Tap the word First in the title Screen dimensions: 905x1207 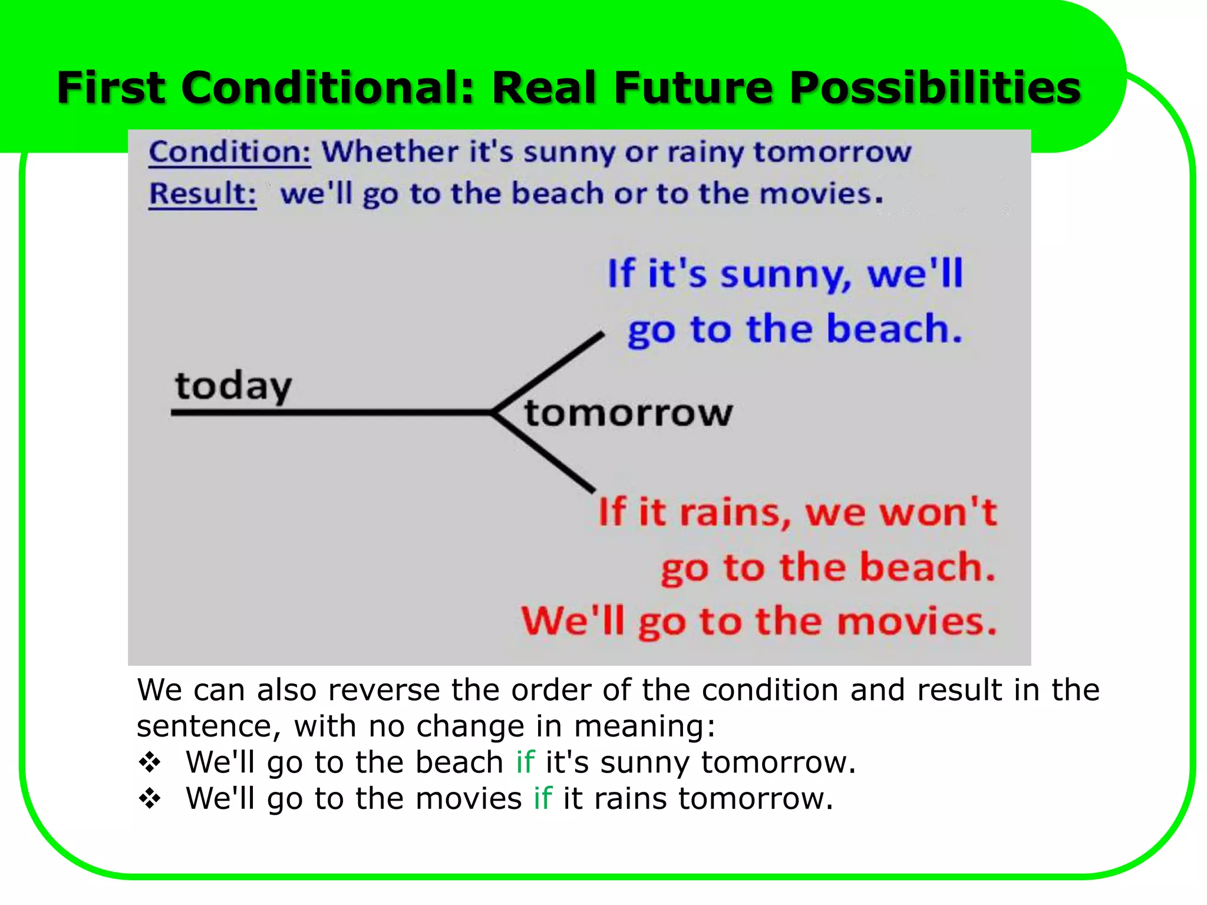point(111,88)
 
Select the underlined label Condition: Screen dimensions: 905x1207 point(229,152)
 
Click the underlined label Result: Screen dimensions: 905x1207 point(202,194)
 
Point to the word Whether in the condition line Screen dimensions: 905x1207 point(389,152)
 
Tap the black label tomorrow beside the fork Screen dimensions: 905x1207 point(628,413)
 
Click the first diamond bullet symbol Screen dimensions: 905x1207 point(150,762)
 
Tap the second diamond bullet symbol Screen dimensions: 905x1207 point(150,799)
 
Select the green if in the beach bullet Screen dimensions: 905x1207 point(525,762)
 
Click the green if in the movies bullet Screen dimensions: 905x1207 point(542,798)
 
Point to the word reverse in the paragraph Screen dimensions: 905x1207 point(384,690)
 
